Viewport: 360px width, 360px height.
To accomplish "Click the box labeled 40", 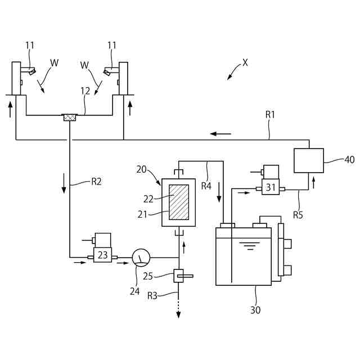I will point(309,160).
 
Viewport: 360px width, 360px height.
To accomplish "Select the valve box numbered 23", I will point(102,255).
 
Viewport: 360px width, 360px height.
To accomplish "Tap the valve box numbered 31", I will point(271,188).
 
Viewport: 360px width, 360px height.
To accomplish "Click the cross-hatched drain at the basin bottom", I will point(70,118).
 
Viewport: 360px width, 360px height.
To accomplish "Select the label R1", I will point(270,114).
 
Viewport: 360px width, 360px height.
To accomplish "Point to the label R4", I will point(206,184).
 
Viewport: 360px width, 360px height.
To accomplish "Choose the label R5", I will point(299,214).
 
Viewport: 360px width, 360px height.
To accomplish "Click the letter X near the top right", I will point(245,63).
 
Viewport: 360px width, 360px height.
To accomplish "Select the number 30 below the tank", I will point(255,309).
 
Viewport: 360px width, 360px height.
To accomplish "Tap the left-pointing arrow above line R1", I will point(220,134).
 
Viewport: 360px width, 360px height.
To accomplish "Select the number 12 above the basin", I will point(85,90).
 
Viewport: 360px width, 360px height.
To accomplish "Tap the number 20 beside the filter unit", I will point(142,169).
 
